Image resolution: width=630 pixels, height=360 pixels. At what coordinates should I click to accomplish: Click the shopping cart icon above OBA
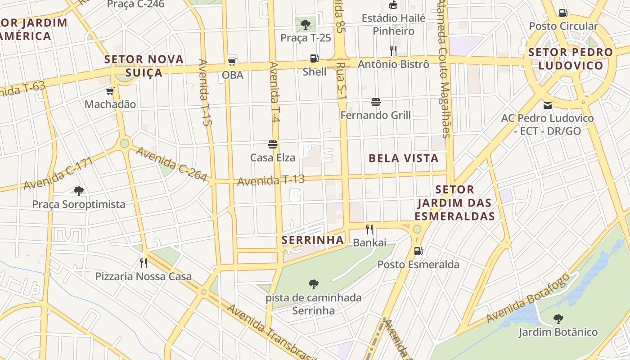232,61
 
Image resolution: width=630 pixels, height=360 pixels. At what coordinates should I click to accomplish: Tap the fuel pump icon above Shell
314,58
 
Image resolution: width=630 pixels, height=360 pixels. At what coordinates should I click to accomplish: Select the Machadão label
110,104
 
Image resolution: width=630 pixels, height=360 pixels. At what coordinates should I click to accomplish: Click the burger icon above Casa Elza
272,144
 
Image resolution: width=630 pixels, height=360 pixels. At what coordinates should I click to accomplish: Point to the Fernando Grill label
375,115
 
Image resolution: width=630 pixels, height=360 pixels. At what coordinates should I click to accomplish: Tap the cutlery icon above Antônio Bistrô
393,50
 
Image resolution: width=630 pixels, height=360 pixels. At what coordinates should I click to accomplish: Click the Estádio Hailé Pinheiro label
394,25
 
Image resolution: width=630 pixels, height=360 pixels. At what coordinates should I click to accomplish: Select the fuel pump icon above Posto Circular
563,13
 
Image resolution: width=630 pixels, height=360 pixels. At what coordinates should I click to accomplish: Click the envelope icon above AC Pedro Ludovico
547,105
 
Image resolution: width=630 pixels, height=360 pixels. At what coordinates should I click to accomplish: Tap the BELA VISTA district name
404,158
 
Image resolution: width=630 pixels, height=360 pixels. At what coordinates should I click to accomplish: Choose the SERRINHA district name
313,240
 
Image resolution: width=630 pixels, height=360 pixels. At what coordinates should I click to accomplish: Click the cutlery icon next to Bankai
369,229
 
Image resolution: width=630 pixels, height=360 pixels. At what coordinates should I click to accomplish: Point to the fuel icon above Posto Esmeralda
418,251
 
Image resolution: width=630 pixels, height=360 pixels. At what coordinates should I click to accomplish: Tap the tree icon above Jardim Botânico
558,319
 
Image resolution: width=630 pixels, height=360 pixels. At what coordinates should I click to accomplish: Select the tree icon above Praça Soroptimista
79,191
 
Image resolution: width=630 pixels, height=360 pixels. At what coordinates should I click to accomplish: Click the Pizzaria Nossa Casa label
143,276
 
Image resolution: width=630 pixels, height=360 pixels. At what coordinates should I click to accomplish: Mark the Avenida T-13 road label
271,180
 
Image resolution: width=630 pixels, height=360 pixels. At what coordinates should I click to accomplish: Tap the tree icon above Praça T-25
306,24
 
